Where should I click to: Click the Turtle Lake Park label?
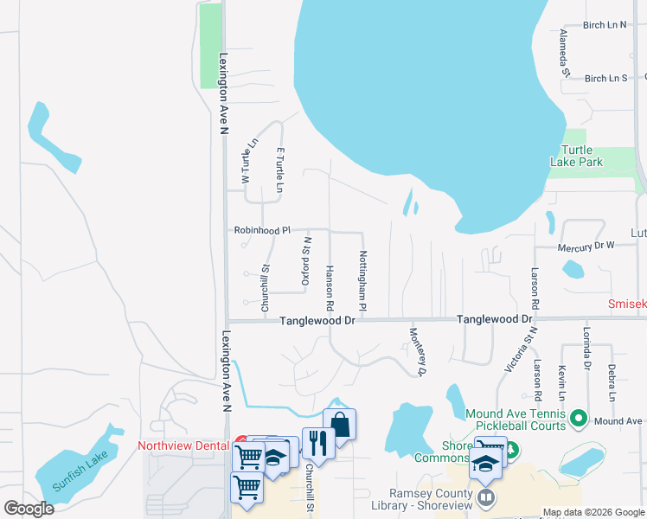tap(577, 156)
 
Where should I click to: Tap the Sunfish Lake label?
tap(80, 471)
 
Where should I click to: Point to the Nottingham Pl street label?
tap(363, 282)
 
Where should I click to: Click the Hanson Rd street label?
tap(330, 288)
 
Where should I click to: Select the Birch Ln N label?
tap(605, 25)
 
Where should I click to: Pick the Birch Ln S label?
tap(605, 79)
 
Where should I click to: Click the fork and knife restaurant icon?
tap(318, 443)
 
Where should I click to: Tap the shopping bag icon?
tap(340, 424)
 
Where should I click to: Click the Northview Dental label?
tap(183, 446)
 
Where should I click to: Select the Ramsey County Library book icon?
tap(487, 498)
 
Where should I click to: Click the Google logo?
tap(29, 509)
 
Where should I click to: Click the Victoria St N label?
tap(522, 349)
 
